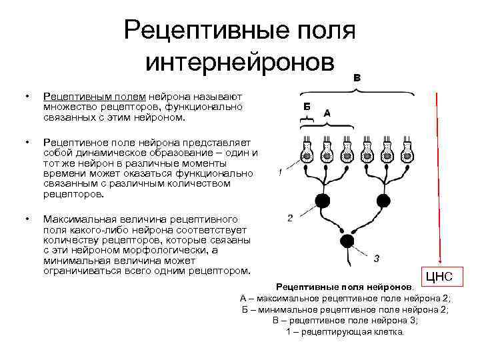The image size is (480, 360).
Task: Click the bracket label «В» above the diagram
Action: click(x=357, y=78)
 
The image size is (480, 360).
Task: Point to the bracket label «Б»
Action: click(x=306, y=107)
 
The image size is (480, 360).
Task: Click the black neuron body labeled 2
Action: click(x=323, y=200)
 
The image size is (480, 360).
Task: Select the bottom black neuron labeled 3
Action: click(x=347, y=241)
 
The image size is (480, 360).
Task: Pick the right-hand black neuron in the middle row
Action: click(x=383, y=200)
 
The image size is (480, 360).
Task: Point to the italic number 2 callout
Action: click(x=290, y=218)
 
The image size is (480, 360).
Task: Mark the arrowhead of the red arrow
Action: click(x=439, y=261)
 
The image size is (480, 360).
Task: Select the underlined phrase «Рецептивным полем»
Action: click(x=95, y=98)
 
